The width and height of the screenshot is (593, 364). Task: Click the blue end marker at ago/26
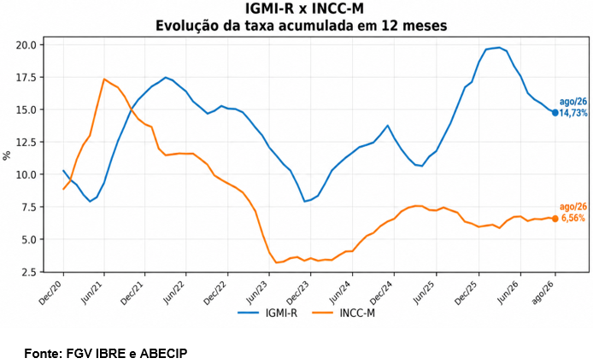(555, 113)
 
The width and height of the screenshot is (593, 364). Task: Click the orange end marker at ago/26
(555, 219)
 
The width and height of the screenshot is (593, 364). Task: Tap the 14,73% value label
(573, 113)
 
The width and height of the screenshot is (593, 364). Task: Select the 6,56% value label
(573, 218)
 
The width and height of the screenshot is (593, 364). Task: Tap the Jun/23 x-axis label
(257, 294)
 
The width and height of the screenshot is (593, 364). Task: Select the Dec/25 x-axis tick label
(467, 294)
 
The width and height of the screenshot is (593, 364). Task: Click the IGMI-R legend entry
(267, 314)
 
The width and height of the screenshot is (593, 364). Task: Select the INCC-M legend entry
(343, 314)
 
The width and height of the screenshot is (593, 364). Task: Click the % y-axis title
(7, 156)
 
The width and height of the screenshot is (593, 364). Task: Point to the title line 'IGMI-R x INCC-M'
(301, 9)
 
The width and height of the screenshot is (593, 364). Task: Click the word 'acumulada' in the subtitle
(326, 26)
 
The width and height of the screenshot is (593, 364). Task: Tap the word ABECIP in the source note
(163, 354)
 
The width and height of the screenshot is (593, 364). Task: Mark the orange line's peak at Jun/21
(104, 79)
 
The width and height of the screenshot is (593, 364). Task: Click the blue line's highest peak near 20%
(499, 48)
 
